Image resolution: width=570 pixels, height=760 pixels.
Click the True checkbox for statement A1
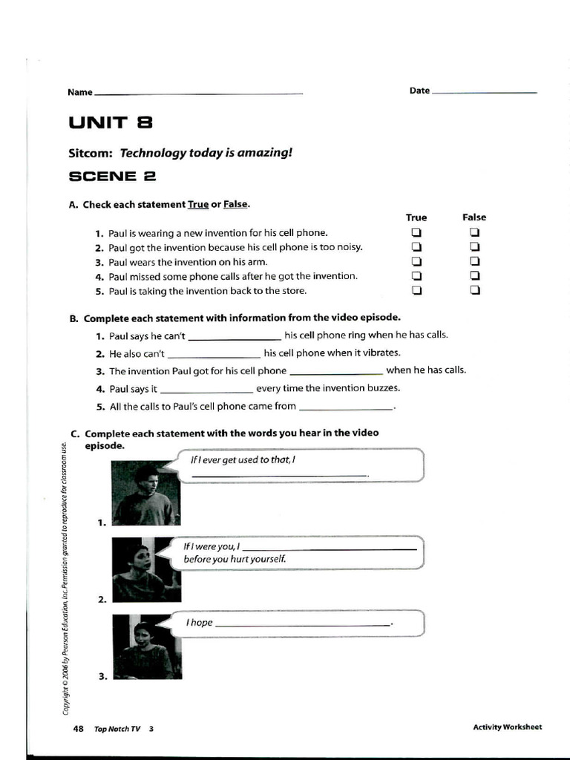(416, 232)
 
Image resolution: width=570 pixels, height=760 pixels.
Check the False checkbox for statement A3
(474, 261)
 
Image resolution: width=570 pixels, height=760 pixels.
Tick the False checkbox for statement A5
(474, 290)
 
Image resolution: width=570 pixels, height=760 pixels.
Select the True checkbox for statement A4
(416, 276)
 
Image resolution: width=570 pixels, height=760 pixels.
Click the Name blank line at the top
(199, 93)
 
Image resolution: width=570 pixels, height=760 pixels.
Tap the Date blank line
(484, 92)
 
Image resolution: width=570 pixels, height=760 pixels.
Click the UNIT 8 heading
(111, 123)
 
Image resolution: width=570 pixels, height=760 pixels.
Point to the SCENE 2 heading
(112, 177)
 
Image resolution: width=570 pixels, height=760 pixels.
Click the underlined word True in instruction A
(198, 204)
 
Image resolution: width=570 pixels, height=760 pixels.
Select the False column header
(474, 217)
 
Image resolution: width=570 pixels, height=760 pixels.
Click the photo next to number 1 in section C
(145, 493)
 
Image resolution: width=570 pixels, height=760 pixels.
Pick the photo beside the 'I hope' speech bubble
(147, 646)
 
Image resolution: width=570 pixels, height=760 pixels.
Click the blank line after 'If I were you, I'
(330, 548)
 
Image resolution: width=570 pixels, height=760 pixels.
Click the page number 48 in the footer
(78, 728)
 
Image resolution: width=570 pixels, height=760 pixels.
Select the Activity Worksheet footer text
(507, 727)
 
